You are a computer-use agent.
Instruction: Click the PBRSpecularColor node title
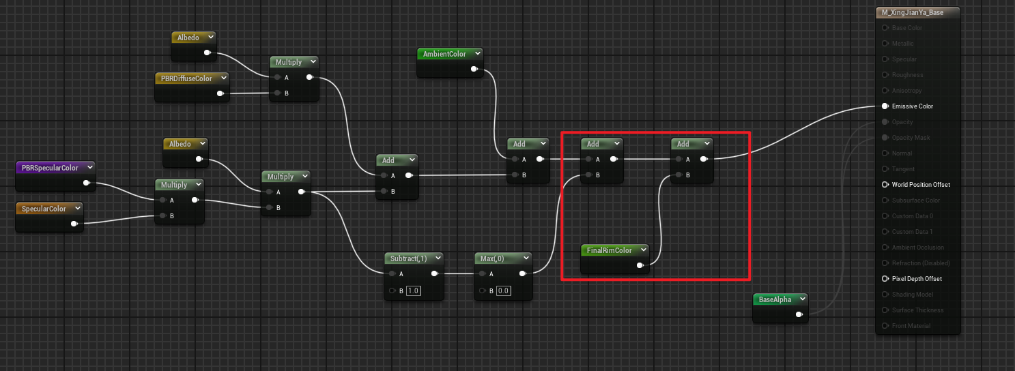pyautogui.click(x=50, y=168)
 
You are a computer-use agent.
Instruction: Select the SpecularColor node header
pyautogui.click(x=44, y=209)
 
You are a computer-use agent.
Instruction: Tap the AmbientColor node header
pyautogui.click(x=444, y=54)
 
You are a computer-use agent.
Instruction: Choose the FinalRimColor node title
pyautogui.click(x=609, y=250)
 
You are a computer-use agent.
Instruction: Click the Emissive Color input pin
pyautogui.click(x=885, y=106)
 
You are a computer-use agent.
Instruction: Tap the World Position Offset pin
pyautogui.click(x=885, y=185)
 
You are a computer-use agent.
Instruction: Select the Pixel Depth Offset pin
pyautogui.click(x=885, y=279)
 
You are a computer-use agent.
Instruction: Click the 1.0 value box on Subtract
pyautogui.click(x=414, y=291)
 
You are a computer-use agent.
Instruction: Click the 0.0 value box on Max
pyautogui.click(x=504, y=291)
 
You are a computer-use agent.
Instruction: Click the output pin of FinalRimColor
pyautogui.click(x=640, y=266)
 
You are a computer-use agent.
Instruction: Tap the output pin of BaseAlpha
pyautogui.click(x=799, y=315)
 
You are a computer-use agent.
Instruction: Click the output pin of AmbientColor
pyautogui.click(x=474, y=69)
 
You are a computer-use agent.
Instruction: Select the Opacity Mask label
pyautogui.click(x=911, y=138)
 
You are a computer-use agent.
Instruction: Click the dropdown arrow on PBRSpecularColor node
pyautogui.click(x=89, y=168)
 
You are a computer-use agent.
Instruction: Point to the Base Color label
pyautogui.click(x=907, y=28)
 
